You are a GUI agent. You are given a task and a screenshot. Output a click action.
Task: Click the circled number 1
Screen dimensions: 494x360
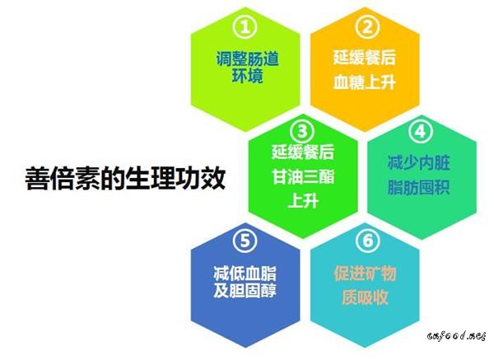click(x=245, y=27)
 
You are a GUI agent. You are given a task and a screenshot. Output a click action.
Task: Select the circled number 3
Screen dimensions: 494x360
click(x=302, y=131)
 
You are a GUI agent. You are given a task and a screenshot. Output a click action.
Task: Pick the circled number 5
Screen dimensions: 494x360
click(x=245, y=241)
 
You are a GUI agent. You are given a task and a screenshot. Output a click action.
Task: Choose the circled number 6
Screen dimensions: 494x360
click(x=368, y=241)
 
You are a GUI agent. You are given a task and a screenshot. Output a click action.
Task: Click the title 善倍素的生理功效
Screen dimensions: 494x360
click(x=125, y=178)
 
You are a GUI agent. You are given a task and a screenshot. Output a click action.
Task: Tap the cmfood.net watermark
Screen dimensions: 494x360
click(x=456, y=336)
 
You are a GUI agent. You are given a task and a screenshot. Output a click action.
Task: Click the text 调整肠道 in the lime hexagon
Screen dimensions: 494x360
click(x=247, y=58)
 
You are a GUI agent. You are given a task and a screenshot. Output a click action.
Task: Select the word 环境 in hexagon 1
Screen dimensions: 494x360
click(x=247, y=76)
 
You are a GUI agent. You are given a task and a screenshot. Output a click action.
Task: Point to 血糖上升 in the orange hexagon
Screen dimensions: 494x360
click(x=365, y=82)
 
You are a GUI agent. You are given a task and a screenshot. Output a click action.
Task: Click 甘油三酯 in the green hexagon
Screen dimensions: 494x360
click(x=303, y=176)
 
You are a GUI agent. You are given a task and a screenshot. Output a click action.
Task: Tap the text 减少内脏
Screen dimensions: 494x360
click(x=419, y=162)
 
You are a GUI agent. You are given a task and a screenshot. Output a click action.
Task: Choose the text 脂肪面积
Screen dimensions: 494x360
click(x=419, y=188)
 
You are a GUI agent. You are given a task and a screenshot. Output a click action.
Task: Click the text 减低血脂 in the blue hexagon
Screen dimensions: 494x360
click(x=245, y=273)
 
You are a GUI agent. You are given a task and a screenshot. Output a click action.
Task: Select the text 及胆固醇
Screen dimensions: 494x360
click(x=245, y=290)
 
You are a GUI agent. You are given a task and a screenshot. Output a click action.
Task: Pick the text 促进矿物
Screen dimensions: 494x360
click(x=365, y=273)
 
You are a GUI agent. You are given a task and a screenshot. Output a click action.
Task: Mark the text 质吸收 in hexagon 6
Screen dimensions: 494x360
click(x=365, y=297)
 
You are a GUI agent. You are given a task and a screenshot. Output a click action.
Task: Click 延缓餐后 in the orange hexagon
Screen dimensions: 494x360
click(x=365, y=58)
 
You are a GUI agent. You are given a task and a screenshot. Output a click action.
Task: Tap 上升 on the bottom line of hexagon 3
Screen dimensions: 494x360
click(x=303, y=200)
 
